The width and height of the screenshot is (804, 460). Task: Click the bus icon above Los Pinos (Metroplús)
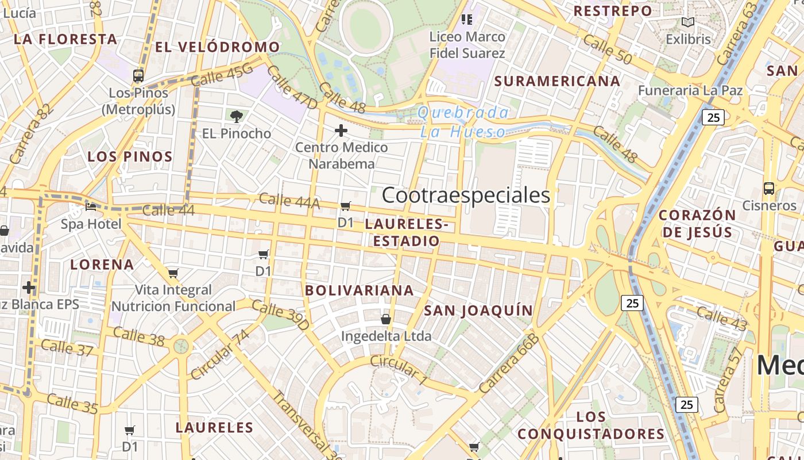pyautogui.click(x=138, y=75)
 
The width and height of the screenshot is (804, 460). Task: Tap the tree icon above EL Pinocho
pyautogui.click(x=236, y=117)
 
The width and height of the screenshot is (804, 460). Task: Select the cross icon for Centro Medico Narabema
pyautogui.click(x=341, y=131)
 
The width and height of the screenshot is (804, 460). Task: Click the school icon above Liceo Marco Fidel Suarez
pyautogui.click(x=467, y=20)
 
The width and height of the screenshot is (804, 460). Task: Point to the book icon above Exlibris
pyautogui.click(x=687, y=22)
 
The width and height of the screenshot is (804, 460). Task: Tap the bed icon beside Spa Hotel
pyautogui.click(x=91, y=206)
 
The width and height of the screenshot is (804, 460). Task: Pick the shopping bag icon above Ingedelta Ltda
pyautogui.click(x=386, y=319)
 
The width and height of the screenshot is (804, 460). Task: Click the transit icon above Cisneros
pyautogui.click(x=768, y=188)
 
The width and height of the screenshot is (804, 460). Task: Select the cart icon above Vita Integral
pyautogui.click(x=173, y=273)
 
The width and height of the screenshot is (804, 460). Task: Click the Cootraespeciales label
pyautogui.click(x=466, y=195)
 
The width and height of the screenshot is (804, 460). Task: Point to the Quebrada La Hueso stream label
pyautogui.click(x=463, y=122)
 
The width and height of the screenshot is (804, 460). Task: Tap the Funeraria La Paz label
pyautogui.click(x=690, y=90)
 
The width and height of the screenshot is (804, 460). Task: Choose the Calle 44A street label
pyautogui.click(x=289, y=201)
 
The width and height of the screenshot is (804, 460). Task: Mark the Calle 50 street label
pyautogui.click(x=606, y=49)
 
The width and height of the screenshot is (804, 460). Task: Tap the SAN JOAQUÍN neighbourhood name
pyautogui.click(x=478, y=311)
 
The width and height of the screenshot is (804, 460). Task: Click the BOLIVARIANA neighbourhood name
pyautogui.click(x=360, y=290)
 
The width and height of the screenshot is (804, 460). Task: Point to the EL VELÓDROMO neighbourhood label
pyautogui.click(x=218, y=47)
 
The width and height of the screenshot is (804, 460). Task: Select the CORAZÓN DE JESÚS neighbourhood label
pyautogui.click(x=697, y=224)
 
